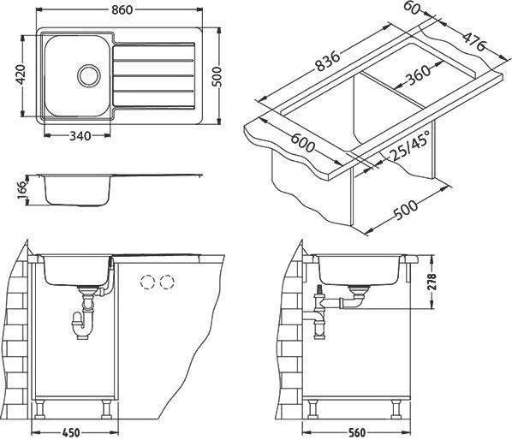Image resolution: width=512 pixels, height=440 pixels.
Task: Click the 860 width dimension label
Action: [122, 9]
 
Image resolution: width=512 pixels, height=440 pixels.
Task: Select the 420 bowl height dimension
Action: [21, 74]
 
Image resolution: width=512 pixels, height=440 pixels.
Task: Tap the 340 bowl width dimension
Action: [80, 136]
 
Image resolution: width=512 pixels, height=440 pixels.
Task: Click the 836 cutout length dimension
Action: [328, 61]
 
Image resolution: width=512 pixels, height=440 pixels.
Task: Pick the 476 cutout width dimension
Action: [474, 43]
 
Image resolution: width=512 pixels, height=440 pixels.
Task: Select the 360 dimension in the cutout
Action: [418, 75]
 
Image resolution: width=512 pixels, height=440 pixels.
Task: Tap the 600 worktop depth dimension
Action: [303, 143]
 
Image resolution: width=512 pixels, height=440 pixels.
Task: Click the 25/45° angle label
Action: [409, 146]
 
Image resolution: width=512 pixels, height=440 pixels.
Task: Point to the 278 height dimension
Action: [432, 282]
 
